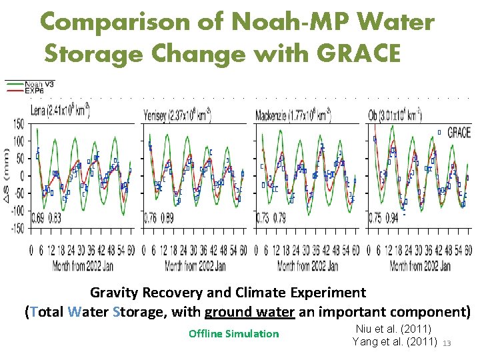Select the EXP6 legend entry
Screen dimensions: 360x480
35,90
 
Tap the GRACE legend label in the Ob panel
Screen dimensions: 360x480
459,133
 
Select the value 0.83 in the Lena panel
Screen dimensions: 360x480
54,218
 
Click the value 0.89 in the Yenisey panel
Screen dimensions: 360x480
166,218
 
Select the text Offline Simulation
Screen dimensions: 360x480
233,333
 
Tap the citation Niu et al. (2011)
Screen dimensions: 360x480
394,329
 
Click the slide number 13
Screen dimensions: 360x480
447,343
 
